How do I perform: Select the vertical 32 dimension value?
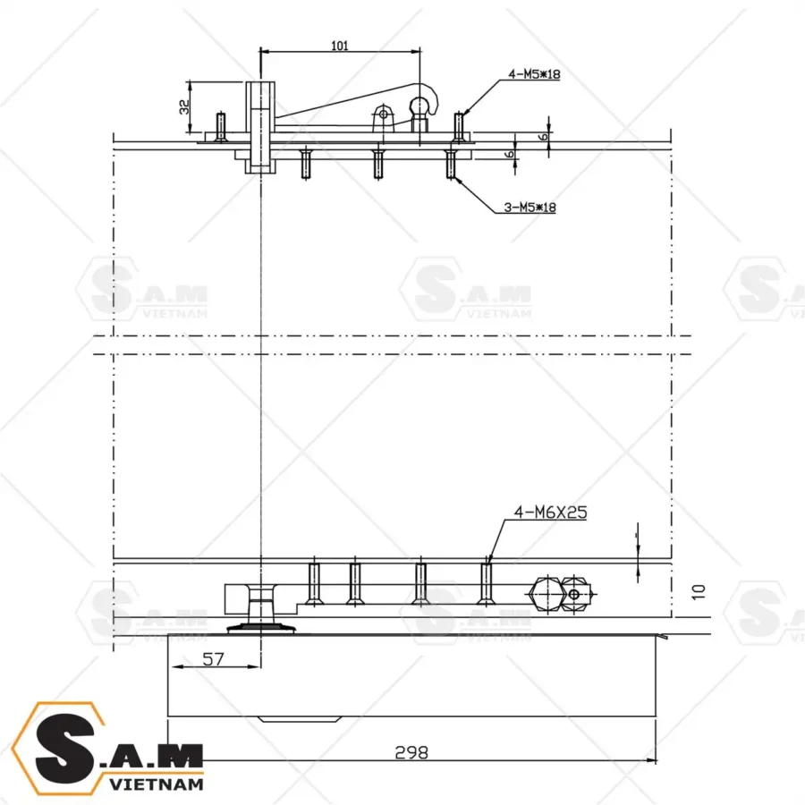(184, 106)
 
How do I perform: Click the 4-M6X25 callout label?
(549, 513)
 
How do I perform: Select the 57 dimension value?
(214, 658)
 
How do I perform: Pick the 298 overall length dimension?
(411, 751)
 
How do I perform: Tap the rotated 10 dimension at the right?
(699, 590)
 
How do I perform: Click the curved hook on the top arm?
(430, 98)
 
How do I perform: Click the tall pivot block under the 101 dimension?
(259, 125)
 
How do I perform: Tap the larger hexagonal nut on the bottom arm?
(545, 593)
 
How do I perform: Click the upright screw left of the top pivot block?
(220, 125)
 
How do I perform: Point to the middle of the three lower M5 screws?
(378, 164)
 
